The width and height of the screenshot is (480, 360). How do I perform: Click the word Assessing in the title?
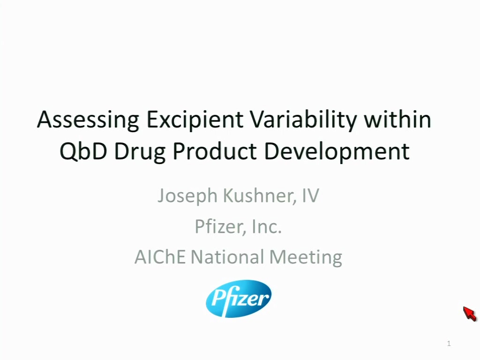pos(88,120)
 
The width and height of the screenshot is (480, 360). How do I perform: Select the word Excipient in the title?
pos(195,120)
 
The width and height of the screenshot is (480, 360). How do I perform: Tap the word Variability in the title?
pos(304,120)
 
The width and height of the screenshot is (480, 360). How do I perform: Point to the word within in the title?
pos(397,119)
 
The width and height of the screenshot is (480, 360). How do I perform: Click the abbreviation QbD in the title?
pos(83,151)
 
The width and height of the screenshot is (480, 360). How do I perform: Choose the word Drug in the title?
pos(140,152)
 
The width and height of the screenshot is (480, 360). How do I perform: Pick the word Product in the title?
pos(215,151)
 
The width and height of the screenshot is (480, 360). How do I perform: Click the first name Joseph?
pos(187,196)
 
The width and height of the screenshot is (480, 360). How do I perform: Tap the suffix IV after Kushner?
pos(310,195)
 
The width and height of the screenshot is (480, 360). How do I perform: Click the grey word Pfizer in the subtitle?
pos(219,226)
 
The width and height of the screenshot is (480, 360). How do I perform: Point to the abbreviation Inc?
pos(266,227)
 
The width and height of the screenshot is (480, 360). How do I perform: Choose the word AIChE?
pos(160,257)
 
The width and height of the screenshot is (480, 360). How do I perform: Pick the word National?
pos(227,257)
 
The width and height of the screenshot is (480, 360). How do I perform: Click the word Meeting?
pos(306,258)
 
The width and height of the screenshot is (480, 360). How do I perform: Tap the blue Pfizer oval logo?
pos(239,299)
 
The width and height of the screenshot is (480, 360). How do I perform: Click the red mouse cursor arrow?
pos(470,314)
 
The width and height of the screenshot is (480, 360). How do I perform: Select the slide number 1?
pos(449,344)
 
